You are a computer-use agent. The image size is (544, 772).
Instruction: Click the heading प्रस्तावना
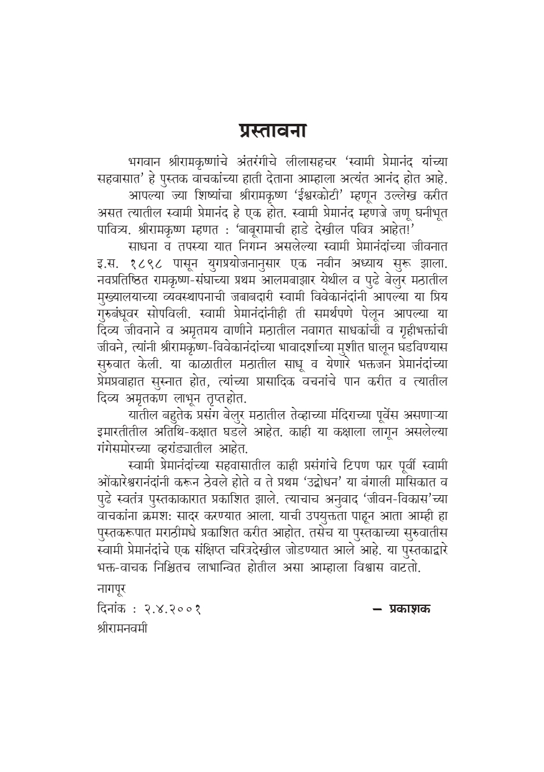point(272,132)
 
